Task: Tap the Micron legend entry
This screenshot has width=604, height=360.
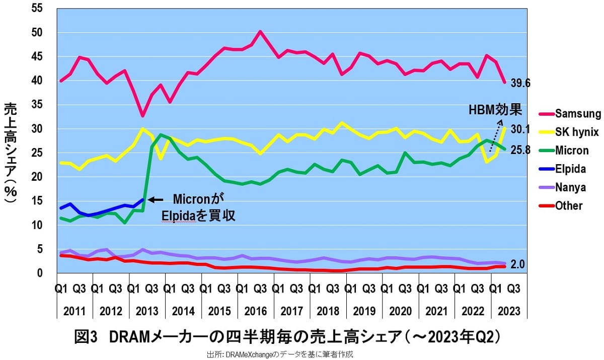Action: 569,151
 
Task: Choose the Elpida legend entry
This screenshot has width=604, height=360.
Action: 569,169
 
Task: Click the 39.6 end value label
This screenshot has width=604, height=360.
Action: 521,84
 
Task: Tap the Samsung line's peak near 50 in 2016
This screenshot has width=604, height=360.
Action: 260,32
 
